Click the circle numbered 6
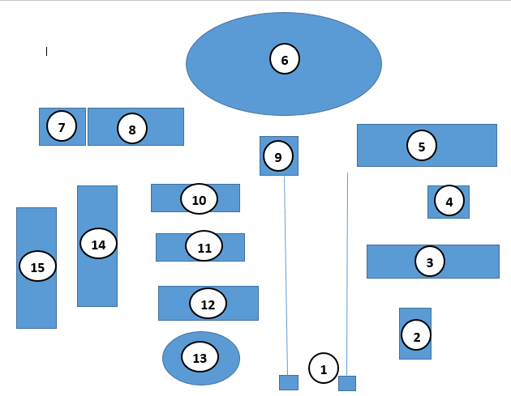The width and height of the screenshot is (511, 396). click(285, 59)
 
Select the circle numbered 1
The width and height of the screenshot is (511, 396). click(324, 368)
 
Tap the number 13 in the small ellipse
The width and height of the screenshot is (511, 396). click(200, 357)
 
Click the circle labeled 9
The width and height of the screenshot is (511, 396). click(278, 157)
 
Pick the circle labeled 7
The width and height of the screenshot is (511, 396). click(62, 126)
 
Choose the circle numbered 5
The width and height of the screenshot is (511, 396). click(422, 146)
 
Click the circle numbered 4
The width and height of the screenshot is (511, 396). click(449, 202)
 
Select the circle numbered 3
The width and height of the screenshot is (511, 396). click(430, 262)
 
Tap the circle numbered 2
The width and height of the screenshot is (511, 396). click(417, 335)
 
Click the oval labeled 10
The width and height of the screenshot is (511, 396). click(200, 199)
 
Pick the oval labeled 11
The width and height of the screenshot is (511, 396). click(204, 247)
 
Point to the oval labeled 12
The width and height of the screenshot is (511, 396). click(208, 304)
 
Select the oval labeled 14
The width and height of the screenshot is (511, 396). click(98, 244)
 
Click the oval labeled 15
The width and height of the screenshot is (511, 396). click(37, 266)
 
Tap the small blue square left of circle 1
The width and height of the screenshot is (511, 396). click(289, 382)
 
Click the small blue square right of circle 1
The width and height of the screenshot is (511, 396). click(347, 383)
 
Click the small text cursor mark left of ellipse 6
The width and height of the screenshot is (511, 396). click(46, 51)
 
